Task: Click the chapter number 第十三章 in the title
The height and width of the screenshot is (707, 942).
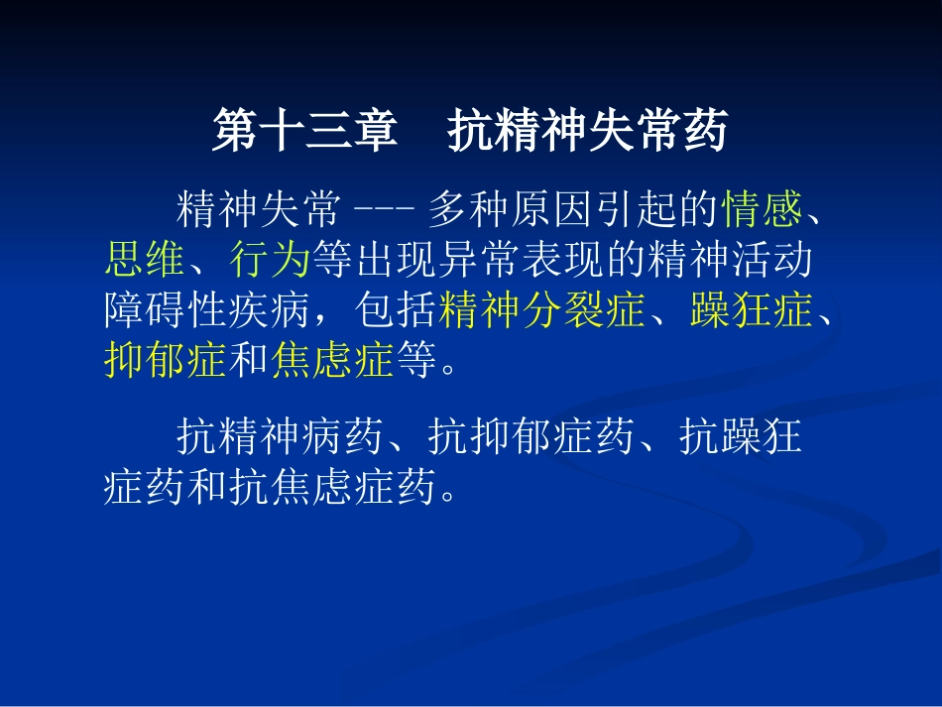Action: (x=305, y=132)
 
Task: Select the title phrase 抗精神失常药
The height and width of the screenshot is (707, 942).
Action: (x=588, y=132)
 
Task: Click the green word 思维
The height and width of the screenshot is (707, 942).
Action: (x=145, y=260)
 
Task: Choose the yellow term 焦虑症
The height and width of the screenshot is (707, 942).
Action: (x=332, y=362)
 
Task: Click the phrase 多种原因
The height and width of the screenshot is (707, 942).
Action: (x=511, y=209)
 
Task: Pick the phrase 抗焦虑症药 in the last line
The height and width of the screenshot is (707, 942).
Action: (x=333, y=488)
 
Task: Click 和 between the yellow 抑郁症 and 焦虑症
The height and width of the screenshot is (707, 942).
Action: (x=249, y=362)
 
